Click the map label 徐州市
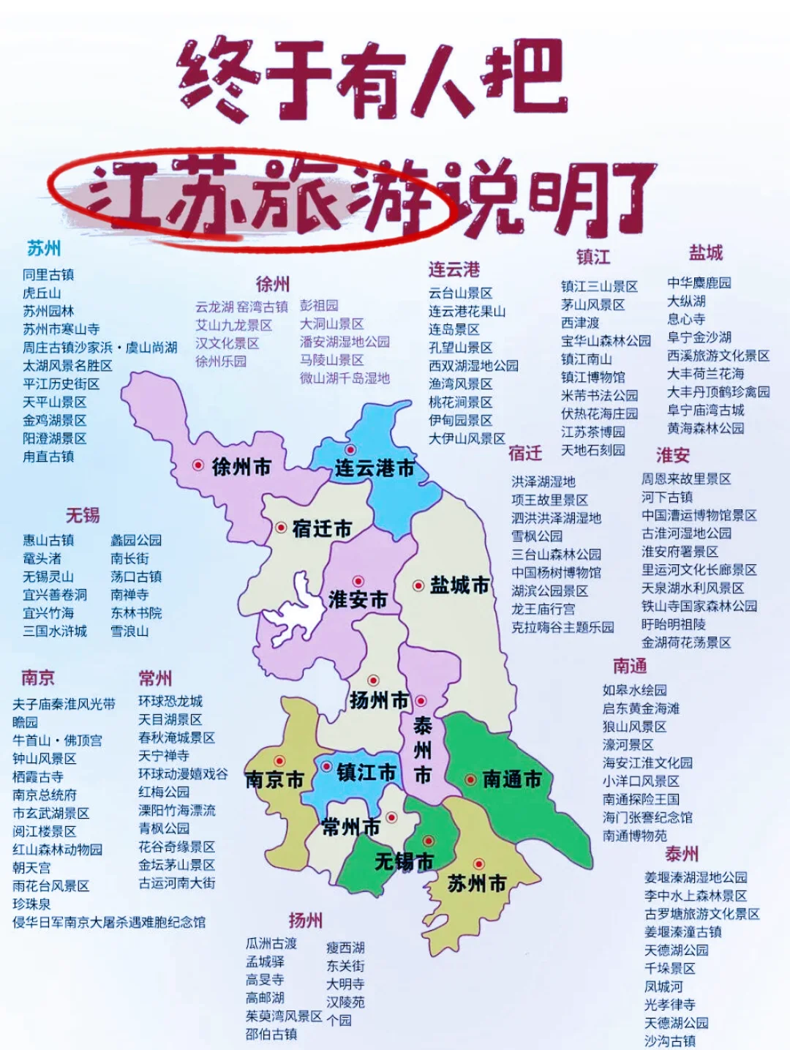(x=241, y=466)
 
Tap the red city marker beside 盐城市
(x=418, y=585)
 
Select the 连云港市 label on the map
(x=375, y=468)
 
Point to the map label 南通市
(x=512, y=780)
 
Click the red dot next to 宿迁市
(x=281, y=528)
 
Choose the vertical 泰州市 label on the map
(x=423, y=750)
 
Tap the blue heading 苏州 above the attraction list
(x=44, y=249)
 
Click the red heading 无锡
(x=82, y=515)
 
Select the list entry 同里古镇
(x=48, y=275)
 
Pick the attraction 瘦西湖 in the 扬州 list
(x=345, y=948)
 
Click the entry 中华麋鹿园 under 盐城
(x=699, y=283)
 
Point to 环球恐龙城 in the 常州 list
(x=170, y=701)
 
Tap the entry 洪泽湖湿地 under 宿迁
(x=543, y=481)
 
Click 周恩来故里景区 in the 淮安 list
(x=686, y=479)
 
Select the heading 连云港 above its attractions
(x=454, y=269)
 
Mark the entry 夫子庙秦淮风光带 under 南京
(x=64, y=704)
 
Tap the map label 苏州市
(x=476, y=884)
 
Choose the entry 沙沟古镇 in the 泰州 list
(x=669, y=1040)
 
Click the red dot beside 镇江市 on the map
(x=327, y=766)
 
